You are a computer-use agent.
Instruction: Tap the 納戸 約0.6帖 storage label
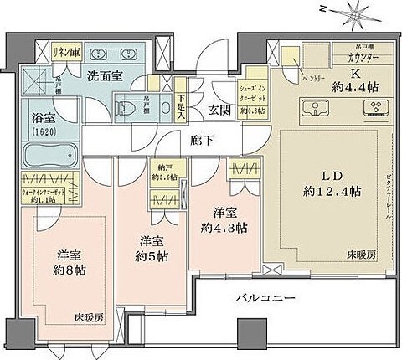coord(163,172)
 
